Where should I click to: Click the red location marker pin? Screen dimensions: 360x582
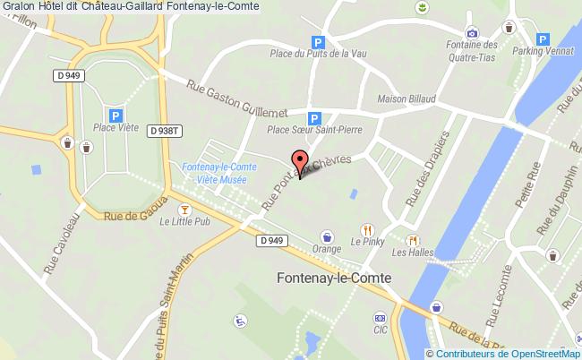pos(298,164)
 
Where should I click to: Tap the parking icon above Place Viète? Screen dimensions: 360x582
pos(116,115)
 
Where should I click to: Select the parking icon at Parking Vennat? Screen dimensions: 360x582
pos(543,39)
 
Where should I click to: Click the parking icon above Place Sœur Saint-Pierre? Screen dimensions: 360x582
pos(314,117)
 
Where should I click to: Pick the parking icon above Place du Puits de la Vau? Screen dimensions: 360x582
pos(316,41)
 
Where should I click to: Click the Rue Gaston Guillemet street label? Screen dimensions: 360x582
pos(236,99)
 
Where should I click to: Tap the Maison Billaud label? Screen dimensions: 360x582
pos(407,99)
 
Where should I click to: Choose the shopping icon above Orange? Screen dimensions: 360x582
pos(329,237)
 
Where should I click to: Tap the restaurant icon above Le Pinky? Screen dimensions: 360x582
pos(365,229)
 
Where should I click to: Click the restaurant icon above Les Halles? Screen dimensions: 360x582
pos(413,240)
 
